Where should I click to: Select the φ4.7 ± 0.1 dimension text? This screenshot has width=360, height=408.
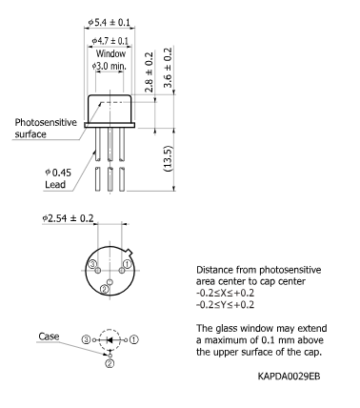(110, 41)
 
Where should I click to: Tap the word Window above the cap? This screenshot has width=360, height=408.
(110, 54)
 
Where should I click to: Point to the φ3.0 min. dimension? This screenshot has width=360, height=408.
(110, 67)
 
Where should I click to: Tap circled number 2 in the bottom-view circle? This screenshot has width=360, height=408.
(104, 290)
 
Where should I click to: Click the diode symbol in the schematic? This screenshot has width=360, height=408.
(110, 338)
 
